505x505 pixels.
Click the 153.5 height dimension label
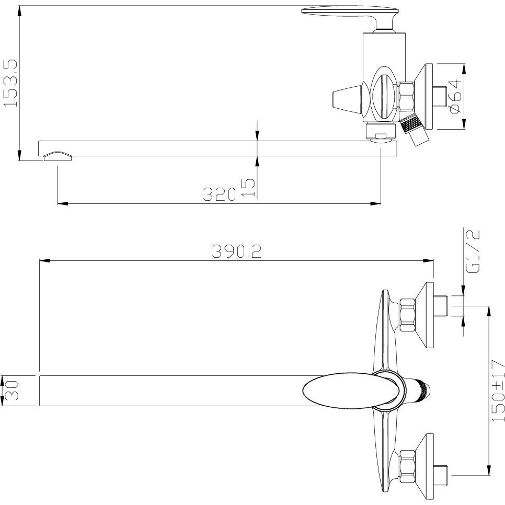tap(10, 83)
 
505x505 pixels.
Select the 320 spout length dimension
tap(219, 194)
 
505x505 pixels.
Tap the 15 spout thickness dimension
tap(248, 188)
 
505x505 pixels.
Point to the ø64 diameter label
tap(455, 97)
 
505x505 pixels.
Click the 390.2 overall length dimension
tap(236, 251)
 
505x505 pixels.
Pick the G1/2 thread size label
tap(473, 251)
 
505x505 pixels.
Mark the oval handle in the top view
tap(353, 391)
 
